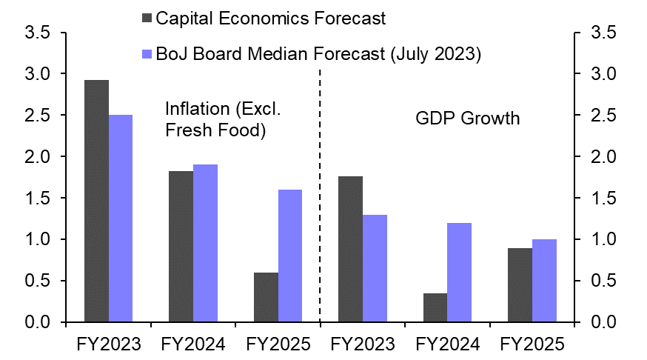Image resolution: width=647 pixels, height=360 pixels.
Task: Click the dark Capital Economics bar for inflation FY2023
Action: point(96,201)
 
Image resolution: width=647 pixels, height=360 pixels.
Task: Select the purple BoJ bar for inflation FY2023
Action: point(121,219)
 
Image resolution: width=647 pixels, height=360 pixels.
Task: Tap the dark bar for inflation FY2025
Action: point(266,297)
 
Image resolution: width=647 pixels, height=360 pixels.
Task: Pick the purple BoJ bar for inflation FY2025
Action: point(290,256)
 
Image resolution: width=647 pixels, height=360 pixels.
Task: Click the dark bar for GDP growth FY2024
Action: point(435,307)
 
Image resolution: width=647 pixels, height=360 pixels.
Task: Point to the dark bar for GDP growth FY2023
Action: point(351,249)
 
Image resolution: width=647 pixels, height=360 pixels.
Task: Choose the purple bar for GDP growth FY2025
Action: point(544,281)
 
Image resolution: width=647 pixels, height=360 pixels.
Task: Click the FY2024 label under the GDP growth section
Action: point(448,344)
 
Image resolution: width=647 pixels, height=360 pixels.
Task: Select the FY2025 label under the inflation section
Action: point(278,344)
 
